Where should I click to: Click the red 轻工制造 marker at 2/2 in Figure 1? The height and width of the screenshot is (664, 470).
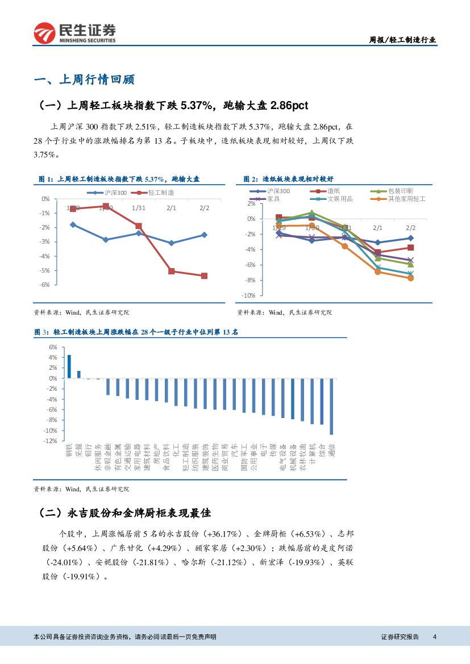204,276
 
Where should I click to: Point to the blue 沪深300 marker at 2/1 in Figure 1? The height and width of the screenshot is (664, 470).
171,243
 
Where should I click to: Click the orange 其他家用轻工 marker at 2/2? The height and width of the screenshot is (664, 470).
410,278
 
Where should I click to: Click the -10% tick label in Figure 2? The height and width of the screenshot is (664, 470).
248,296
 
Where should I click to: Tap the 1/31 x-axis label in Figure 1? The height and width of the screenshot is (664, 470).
139,208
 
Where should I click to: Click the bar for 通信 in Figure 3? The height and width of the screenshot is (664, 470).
331,406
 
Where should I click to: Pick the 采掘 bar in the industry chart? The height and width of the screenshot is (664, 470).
79,374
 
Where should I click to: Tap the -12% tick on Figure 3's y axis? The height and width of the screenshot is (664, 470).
51,441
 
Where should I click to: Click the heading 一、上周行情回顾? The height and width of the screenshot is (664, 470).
84,80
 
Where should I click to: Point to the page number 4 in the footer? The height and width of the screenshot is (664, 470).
434,637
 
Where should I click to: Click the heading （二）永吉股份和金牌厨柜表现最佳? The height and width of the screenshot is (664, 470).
124,513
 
